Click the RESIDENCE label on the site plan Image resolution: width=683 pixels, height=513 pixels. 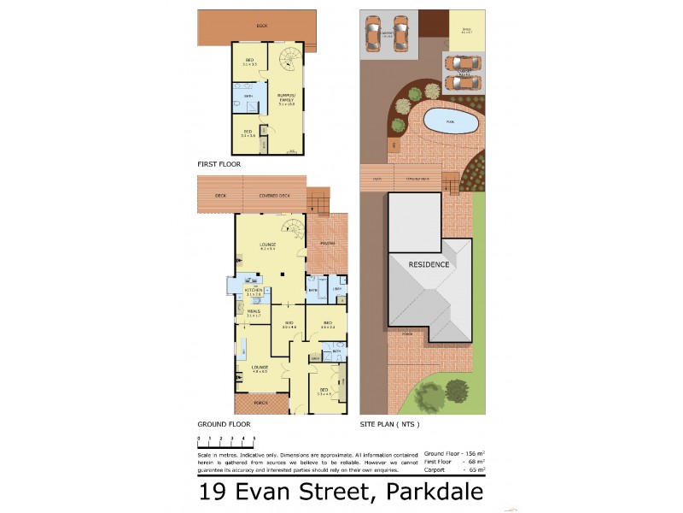point(429,264)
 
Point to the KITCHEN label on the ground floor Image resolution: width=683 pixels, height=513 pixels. point(254,292)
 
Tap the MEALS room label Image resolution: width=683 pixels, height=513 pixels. point(254,312)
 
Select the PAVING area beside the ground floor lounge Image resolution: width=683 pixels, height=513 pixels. point(327,243)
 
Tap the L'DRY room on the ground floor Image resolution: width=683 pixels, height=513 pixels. point(338,290)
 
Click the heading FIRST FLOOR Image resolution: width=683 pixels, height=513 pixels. point(219,163)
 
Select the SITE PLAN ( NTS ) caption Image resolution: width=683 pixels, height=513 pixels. point(389,424)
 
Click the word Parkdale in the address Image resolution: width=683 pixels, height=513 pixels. point(435,492)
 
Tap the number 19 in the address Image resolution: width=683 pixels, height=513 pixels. point(213,492)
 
